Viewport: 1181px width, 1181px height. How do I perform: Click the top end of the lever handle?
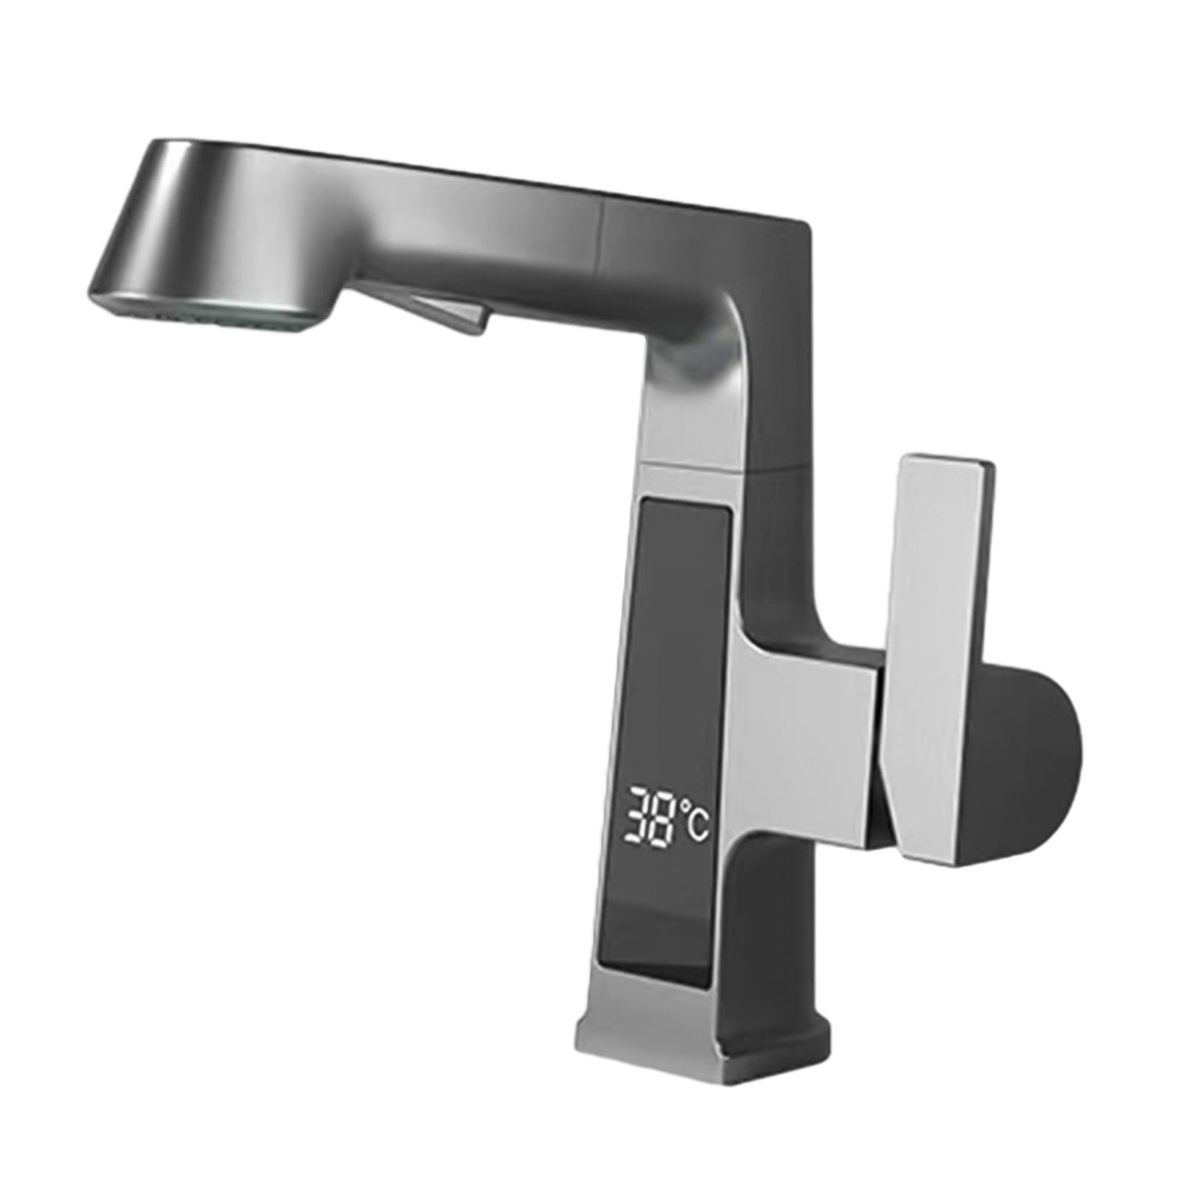(945, 465)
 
